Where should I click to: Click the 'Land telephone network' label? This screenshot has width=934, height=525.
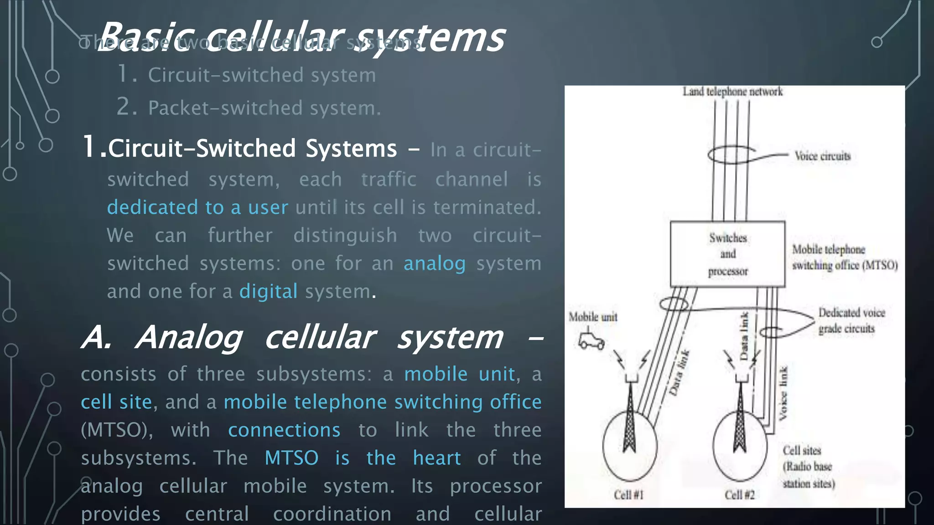point(732,92)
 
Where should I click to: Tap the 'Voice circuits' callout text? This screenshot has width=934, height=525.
point(822,156)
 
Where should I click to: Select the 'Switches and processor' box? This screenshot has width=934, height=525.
point(727,254)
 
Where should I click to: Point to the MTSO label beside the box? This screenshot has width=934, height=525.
point(845,257)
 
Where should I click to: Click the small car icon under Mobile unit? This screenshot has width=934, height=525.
point(591,341)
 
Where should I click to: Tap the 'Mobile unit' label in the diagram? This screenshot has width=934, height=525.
point(593,317)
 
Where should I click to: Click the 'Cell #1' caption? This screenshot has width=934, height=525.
point(628,495)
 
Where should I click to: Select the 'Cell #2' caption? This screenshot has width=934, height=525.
point(739,495)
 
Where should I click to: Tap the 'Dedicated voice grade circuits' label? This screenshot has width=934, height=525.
point(851,320)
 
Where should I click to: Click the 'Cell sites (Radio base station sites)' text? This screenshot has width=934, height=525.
point(809,467)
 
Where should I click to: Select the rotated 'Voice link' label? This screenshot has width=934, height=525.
point(783,393)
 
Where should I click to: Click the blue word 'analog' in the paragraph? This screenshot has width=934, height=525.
point(434,263)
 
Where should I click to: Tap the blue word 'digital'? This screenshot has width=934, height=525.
point(268,291)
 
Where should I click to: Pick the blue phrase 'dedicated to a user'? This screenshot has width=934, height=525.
point(197,207)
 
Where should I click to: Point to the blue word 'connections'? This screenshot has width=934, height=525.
point(284,430)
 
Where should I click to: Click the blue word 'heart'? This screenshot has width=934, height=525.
point(436,458)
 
